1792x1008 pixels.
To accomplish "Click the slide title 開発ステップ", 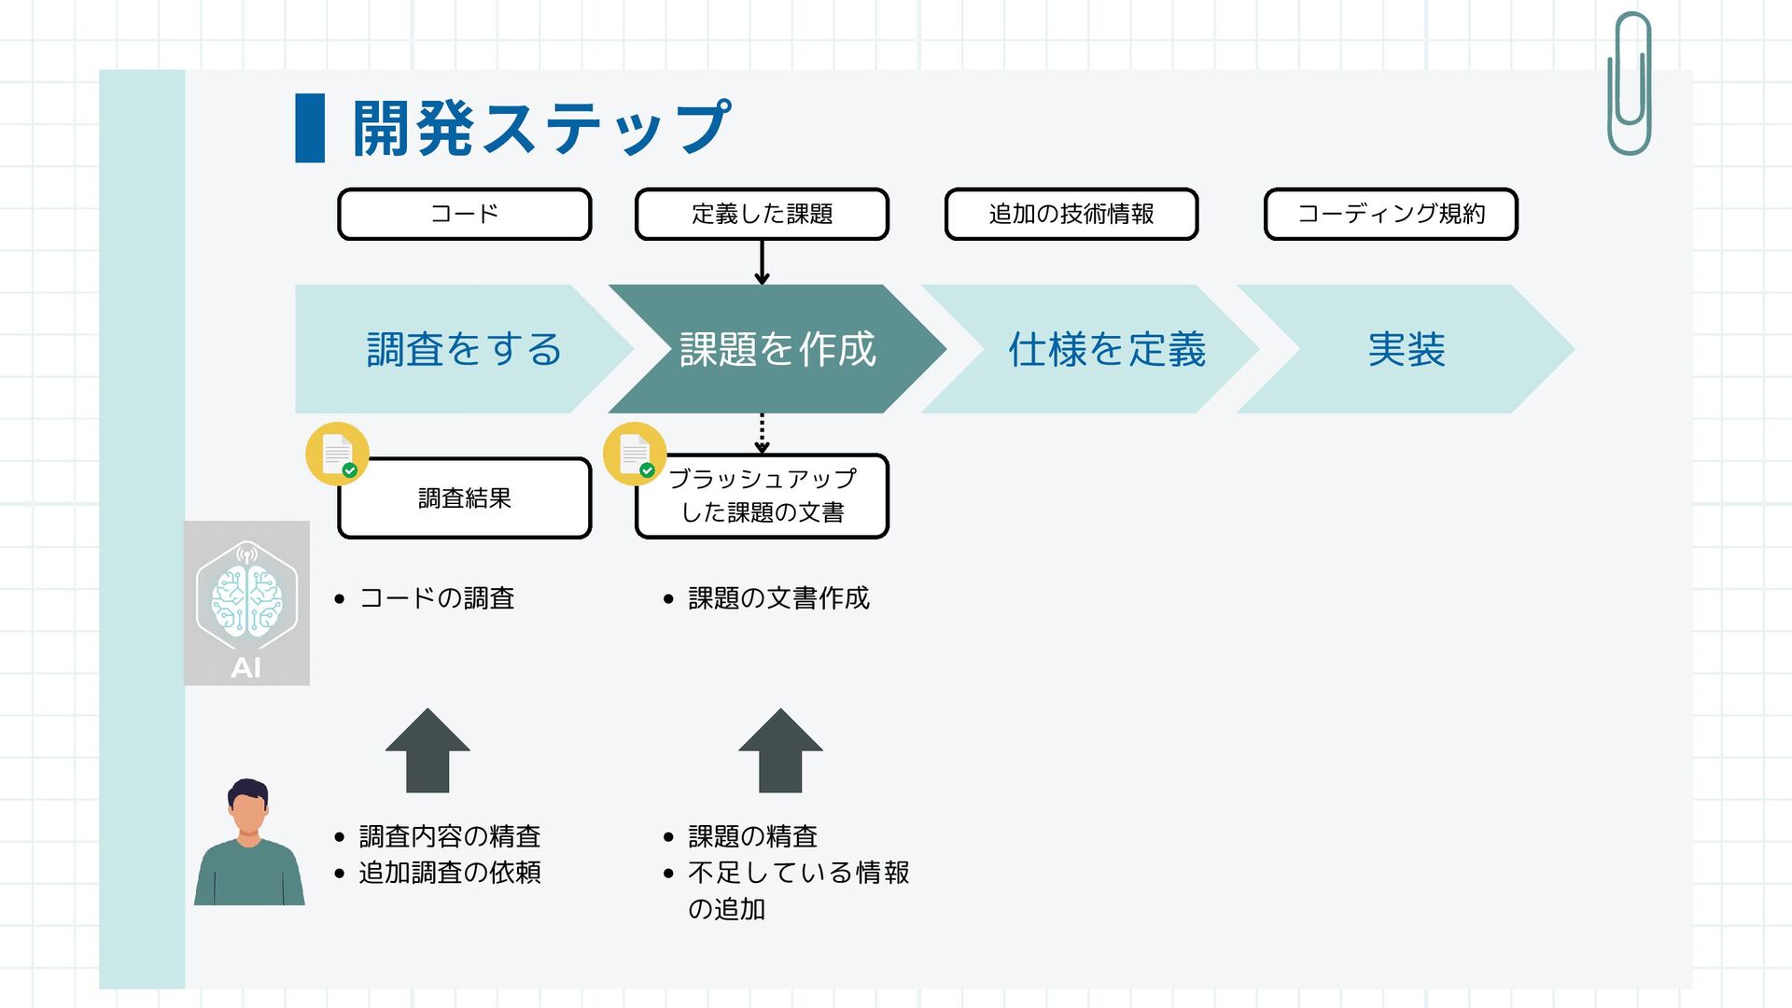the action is point(541,128).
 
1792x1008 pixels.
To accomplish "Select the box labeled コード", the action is point(464,214).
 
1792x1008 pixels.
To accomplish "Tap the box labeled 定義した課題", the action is point(762,214).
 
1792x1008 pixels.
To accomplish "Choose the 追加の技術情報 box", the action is point(1071,214).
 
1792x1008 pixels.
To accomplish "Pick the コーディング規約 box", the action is point(1391,214).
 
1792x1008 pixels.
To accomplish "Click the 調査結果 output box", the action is point(464,498).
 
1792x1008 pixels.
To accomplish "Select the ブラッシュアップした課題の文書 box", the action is point(762,497).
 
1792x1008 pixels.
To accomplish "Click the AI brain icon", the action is point(246,597).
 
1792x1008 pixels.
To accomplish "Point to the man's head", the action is point(248,808).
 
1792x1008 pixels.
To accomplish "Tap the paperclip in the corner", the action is point(1630,84).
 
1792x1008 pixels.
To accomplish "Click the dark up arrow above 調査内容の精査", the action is point(427,752).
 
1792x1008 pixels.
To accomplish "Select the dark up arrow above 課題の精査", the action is point(780,752).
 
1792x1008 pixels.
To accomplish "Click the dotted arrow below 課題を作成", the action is point(762,433).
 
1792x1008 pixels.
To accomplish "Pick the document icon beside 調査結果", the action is point(338,455).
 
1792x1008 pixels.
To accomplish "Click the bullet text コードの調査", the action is point(437,598).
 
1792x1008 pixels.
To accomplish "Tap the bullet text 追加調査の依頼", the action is point(450,873).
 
